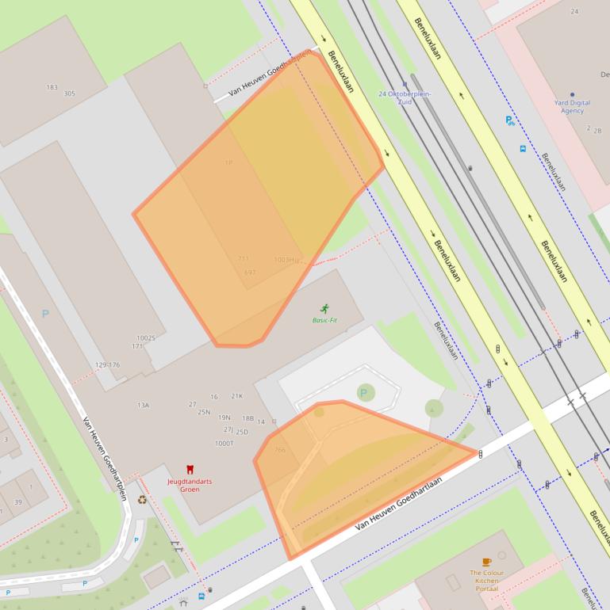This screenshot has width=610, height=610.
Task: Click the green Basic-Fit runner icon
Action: (324, 308)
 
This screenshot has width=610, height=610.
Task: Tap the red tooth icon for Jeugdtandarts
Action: (190, 470)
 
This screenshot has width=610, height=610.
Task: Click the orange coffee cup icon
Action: (486, 562)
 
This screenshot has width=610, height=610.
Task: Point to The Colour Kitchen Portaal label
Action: (485, 581)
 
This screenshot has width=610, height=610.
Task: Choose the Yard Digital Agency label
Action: (572, 106)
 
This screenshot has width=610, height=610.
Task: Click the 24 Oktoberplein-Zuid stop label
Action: (405, 97)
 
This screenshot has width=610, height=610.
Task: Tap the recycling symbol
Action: (142, 500)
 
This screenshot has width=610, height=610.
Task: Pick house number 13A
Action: (143, 405)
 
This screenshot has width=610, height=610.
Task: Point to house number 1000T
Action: (224, 444)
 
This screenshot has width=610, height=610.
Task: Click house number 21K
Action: (237, 396)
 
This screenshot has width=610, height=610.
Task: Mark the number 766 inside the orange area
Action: (279, 450)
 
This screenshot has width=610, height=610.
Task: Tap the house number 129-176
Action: (107, 364)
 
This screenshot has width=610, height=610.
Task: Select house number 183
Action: (52, 87)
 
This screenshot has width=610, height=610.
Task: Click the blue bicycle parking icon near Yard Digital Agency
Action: (510, 121)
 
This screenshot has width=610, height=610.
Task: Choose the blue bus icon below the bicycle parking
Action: (523, 149)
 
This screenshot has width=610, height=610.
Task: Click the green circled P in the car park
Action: (365, 392)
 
